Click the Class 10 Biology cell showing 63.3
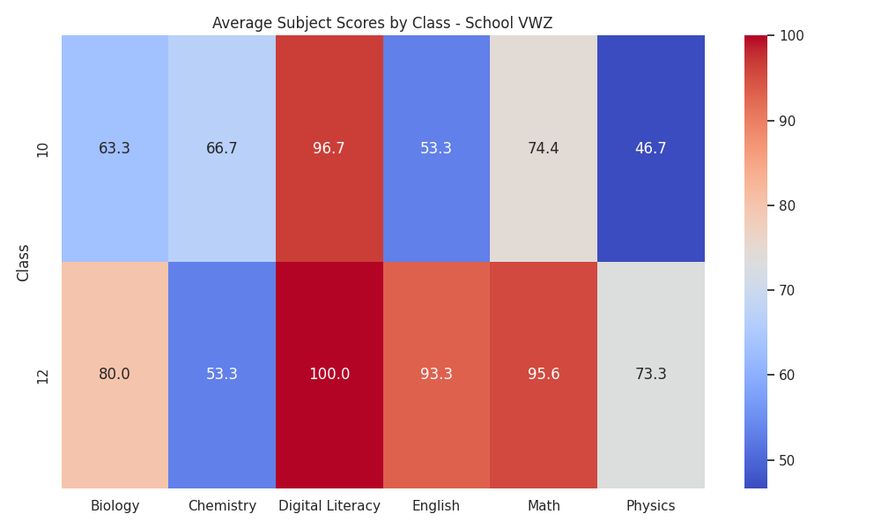tap(115, 148)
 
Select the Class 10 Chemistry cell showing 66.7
tap(222, 148)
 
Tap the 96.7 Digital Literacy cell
tap(329, 148)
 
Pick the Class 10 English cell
tap(437, 148)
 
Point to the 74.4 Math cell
tap(544, 148)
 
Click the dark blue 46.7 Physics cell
tap(651, 148)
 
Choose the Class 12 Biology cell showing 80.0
tap(115, 375)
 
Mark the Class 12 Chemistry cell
tap(222, 375)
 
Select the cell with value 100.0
tap(329, 375)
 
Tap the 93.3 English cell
tap(437, 375)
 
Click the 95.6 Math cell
tap(544, 375)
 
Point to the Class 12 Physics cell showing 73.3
tap(651, 375)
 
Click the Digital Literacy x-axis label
tap(329, 506)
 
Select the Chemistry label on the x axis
tap(222, 506)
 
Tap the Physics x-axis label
tap(651, 506)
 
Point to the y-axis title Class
tap(23, 263)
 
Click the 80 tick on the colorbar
tap(787, 205)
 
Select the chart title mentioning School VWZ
tap(382, 23)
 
